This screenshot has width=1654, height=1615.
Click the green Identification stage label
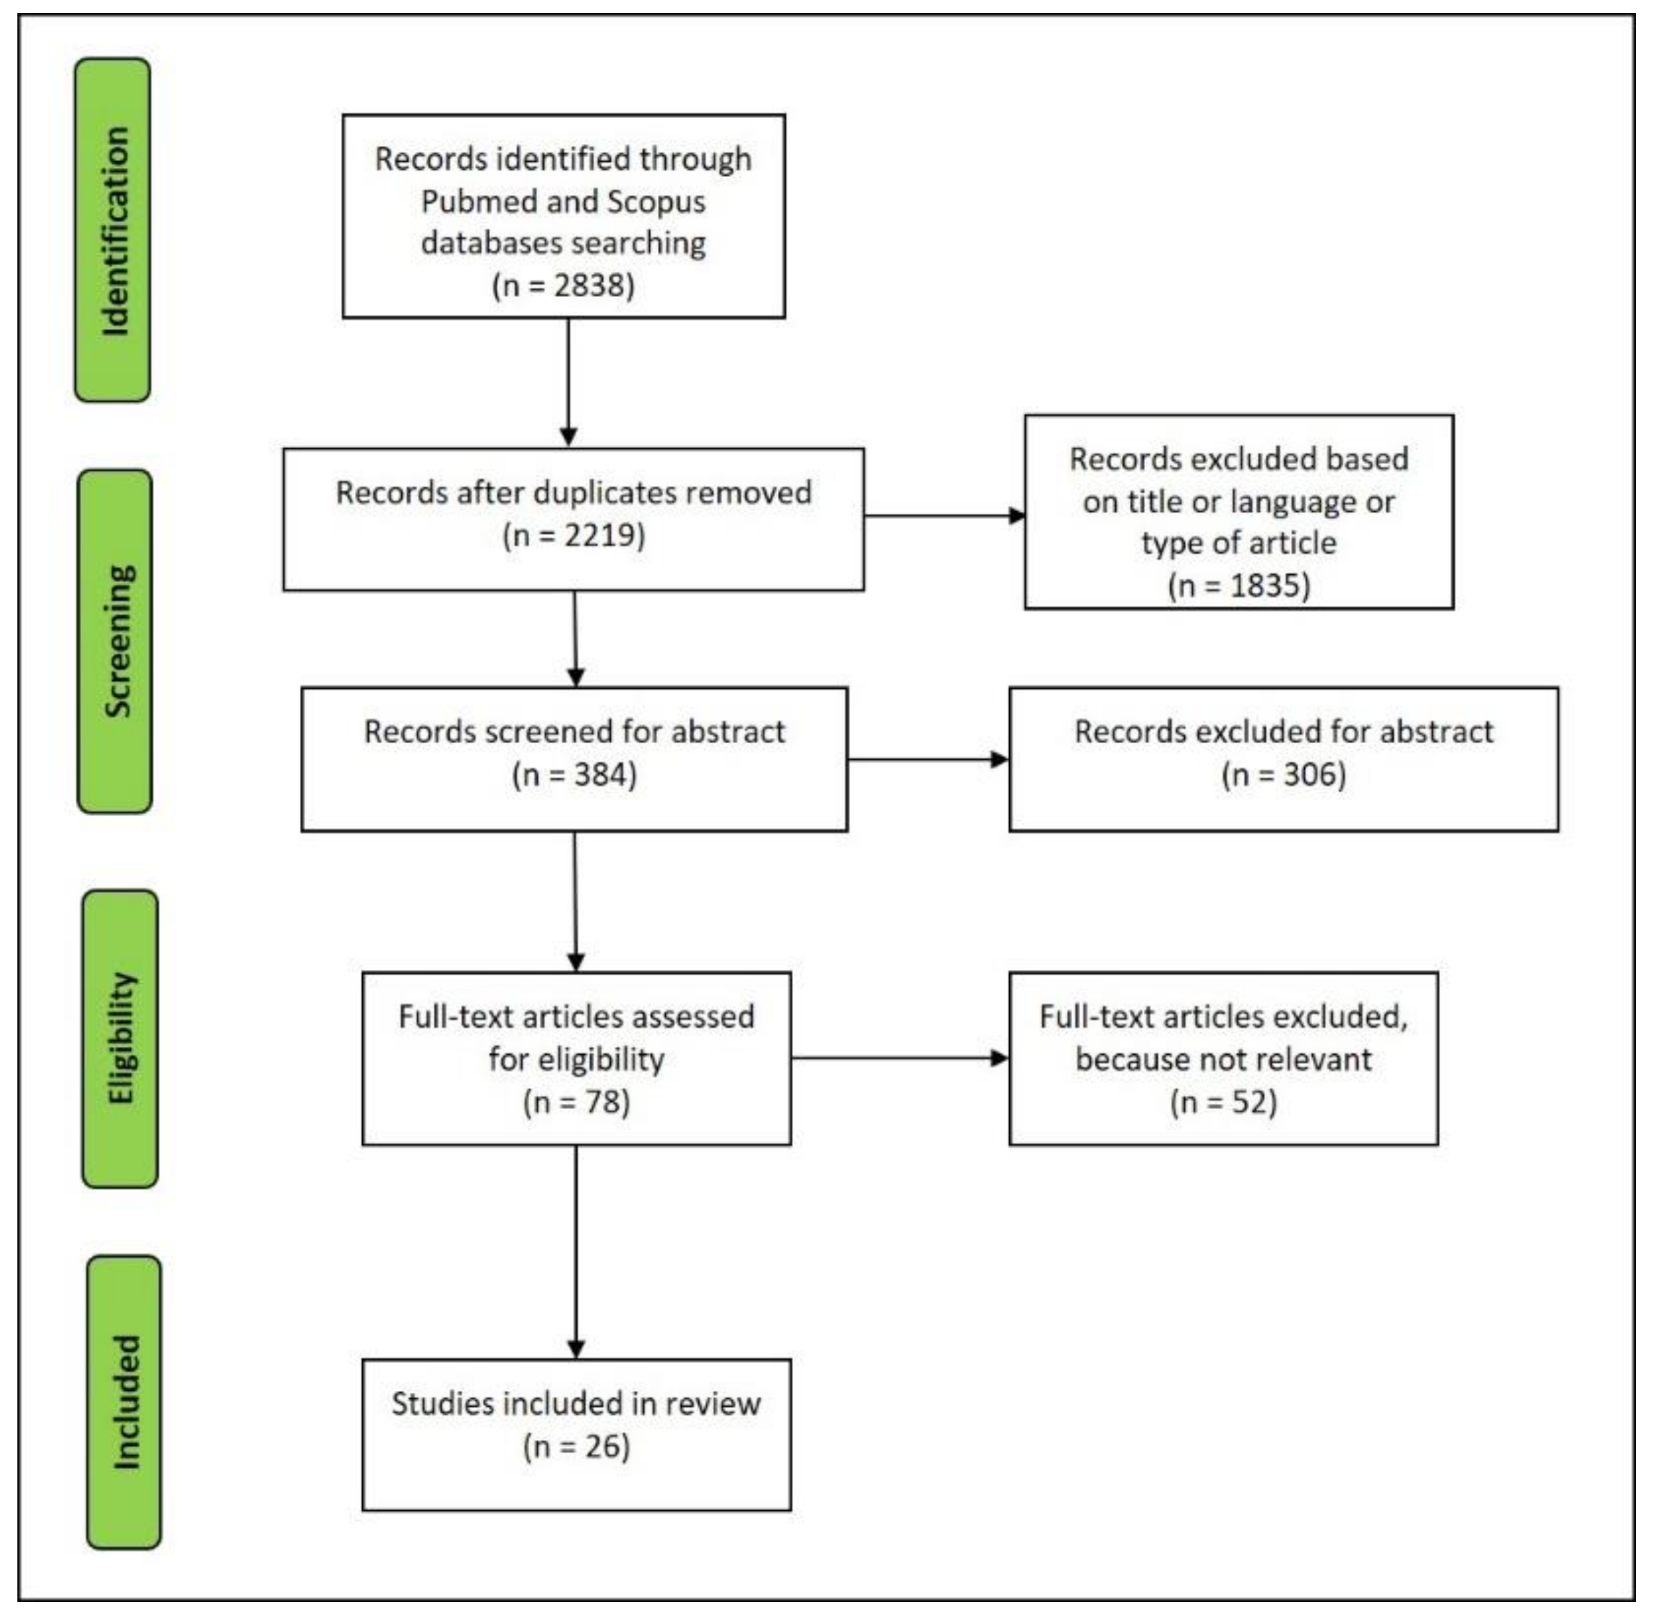(113, 230)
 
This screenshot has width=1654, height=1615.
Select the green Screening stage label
(116, 641)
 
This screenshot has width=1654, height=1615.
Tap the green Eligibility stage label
(119, 1038)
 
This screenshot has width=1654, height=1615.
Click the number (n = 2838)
(563, 285)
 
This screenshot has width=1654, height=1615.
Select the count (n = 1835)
(1238, 586)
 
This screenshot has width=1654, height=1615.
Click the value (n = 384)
(574, 774)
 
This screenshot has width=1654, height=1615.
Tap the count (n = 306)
(1283, 774)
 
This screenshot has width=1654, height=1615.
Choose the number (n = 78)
(576, 1102)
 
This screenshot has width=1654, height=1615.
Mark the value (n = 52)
(1223, 1102)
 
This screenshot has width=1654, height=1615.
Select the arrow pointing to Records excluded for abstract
(998, 759)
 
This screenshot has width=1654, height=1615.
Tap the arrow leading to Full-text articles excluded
(998, 1058)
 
